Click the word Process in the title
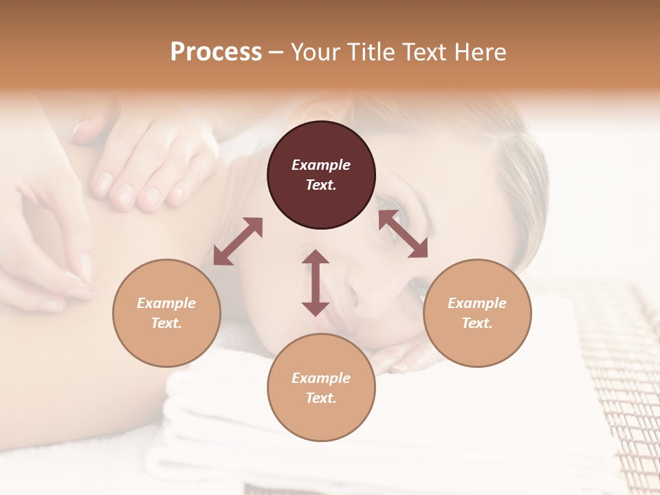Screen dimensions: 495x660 (x=216, y=52)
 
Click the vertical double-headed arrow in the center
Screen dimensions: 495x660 (x=316, y=283)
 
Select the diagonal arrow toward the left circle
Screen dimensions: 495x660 (x=238, y=241)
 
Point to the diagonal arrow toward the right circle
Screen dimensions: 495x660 (x=403, y=234)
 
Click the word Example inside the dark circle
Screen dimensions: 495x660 (x=321, y=165)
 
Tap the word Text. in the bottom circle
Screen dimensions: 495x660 (x=321, y=398)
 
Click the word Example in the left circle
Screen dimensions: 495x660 (x=166, y=303)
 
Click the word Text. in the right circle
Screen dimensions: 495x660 (x=477, y=323)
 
